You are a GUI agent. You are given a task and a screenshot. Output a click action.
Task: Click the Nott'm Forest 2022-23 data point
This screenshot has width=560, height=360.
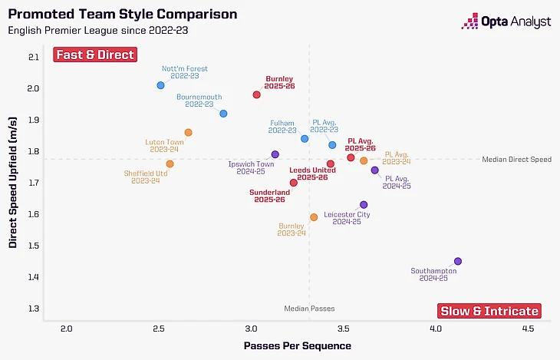click(160, 85)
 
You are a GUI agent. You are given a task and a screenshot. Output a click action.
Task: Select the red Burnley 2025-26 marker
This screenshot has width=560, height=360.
click(257, 94)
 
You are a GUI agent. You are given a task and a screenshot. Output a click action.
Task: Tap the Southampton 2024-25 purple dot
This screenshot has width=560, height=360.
click(458, 261)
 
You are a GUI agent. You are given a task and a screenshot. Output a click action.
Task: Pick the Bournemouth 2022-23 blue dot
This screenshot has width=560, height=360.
click(223, 114)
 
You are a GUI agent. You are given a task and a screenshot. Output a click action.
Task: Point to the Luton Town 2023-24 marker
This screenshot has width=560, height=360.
click(189, 133)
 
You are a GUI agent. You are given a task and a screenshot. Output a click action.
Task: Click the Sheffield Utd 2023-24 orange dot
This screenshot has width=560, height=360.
click(170, 164)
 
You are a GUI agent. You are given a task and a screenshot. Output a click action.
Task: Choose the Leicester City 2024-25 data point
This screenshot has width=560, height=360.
click(364, 205)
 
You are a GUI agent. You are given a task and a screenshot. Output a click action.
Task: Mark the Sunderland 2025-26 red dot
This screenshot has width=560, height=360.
click(294, 183)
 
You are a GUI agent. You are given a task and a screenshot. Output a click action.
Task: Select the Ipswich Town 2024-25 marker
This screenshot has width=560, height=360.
click(275, 154)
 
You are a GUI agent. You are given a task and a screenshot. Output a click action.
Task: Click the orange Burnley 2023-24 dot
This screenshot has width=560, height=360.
click(314, 217)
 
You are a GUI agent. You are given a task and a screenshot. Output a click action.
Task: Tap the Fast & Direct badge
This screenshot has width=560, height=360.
click(94, 54)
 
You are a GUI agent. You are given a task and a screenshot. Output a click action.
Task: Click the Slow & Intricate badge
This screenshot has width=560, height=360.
click(489, 311)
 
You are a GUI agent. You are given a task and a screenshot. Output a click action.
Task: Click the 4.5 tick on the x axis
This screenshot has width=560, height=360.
click(528, 329)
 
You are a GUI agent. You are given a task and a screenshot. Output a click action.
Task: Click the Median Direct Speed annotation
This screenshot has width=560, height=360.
click(516, 160)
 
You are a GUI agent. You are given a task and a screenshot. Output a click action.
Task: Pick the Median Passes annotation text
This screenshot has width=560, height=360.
click(309, 308)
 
